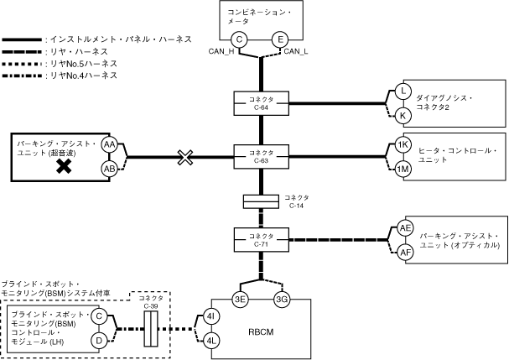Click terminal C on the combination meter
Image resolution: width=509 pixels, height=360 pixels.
pyautogui.click(x=239, y=39)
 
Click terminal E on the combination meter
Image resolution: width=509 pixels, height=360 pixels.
pyautogui.click(x=281, y=39)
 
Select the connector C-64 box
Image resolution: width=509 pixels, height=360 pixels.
pyautogui.click(x=261, y=102)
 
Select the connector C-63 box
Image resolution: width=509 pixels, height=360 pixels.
pyautogui.click(x=261, y=156)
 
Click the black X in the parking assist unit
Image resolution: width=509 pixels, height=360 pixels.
pyautogui.click(x=62, y=166)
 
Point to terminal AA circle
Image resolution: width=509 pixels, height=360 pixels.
pyautogui.click(x=109, y=144)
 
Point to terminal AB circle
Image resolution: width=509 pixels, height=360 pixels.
pyautogui.click(x=109, y=168)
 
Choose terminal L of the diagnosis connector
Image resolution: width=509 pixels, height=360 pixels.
pyautogui.click(x=403, y=91)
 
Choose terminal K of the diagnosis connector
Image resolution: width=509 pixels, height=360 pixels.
pyautogui.click(x=403, y=114)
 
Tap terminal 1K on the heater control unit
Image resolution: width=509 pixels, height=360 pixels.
pyautogui.click(x=403, y=145)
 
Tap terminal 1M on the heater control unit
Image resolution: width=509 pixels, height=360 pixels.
pyautogui.click(x=403, y=169)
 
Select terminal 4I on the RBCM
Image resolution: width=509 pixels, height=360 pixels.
pyautogui.click(x=212, y=316)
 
